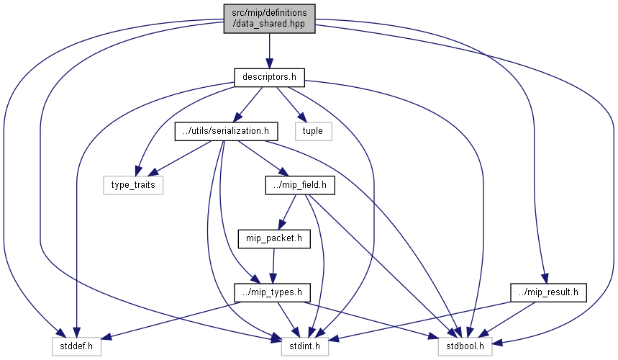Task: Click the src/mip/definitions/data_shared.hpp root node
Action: (x=269, y=19)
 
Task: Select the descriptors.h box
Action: (x=269, y=77)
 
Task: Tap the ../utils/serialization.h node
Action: (x=226, y=131)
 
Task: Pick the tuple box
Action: (x=314, y=131)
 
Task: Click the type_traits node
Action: (x=133, y=185)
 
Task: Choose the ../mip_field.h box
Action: (x=300, y=185)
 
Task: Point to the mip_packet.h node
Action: (x=274, y=239)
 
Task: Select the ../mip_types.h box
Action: (x=273, y=292)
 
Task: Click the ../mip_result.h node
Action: (x=548, y=292)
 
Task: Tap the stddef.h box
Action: (x=76, y=346)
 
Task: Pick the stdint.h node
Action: (x=304, y=346)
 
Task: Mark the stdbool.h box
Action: (x=465, y=346)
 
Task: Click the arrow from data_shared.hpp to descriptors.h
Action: (x=269, y=51)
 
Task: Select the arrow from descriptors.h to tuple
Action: (x=291, y=104)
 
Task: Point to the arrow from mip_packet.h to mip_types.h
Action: (x=273, y=266)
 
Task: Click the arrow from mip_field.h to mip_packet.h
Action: (x=287, y=212)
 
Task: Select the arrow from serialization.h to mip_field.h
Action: (x=263, y=158)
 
